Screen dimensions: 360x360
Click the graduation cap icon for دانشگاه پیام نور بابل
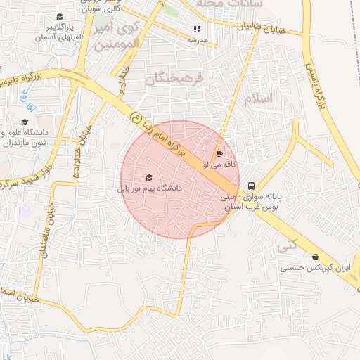148,178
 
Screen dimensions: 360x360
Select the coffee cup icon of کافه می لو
219,153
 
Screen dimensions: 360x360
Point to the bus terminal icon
252,186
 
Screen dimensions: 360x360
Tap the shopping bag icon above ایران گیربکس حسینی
314,257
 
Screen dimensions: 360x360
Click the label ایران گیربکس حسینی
314,268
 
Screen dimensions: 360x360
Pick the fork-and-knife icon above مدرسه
196,29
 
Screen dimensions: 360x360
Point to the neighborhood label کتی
286,246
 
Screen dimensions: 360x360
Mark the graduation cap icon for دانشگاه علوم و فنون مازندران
25,122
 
